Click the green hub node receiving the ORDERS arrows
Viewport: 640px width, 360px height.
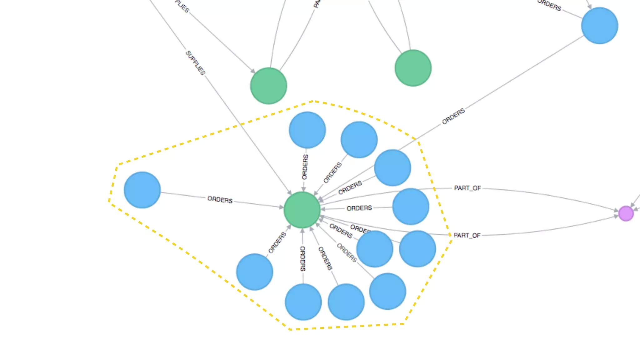(302, 210)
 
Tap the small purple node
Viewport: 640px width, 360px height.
(626, 213)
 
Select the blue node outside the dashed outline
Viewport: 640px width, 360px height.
(599, 26)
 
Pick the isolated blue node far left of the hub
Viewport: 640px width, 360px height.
(142, 190)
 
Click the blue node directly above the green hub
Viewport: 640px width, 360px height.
(307, 130)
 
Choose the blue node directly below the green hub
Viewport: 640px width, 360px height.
(303, 302)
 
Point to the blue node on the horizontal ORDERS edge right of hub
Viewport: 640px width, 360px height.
(411, 206)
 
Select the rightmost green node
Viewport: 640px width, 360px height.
(413, 68)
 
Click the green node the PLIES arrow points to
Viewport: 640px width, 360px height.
(268, 86)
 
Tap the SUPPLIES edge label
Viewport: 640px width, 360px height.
(196, 63)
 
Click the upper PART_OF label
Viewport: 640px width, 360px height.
(467, 188)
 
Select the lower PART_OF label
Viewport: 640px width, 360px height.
(467, 235)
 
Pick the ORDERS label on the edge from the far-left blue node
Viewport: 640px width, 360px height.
(220, 200)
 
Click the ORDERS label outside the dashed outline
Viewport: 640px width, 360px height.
(453, 116)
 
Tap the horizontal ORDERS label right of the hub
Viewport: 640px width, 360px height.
(359, 208)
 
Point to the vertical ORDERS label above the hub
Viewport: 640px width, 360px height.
(305, 167)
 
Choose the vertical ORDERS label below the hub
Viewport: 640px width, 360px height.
(302, 258)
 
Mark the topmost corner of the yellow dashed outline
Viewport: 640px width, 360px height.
(313, 101)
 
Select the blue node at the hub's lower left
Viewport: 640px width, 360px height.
(254, 272)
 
